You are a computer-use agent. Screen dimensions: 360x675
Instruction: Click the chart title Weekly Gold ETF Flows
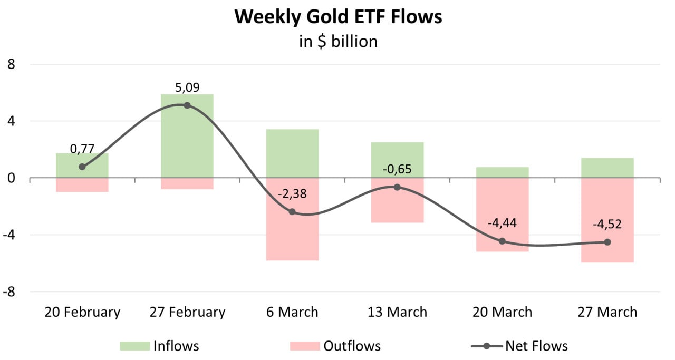pyautogui.click(x=338, y=16)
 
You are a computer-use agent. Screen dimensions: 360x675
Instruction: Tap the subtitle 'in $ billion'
pyautogui.click(x=338, y=41)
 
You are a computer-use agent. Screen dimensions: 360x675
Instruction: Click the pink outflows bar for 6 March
pyautogui.click(x=292, y=237)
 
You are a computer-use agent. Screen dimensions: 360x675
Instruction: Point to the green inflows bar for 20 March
pyautogui.click(x=502, y=172)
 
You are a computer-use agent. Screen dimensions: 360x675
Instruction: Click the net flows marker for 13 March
pyautogui.click(x=397, y=187)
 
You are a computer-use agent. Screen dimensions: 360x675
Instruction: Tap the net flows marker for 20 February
pyautogui.click(x=82, y=167)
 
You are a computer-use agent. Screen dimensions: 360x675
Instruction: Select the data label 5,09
pyautogui.click(x=187, y=87)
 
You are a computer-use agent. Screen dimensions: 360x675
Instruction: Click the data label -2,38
pyautogui.click(x=292, y=193)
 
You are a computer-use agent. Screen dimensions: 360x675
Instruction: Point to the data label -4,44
pyautogui.click(x=502, y=223)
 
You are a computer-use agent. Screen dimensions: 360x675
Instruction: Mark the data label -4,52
pyautogui.click(x=607, y=224)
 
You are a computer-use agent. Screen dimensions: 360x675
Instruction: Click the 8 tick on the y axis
pyautogui.click(x=12, y=64)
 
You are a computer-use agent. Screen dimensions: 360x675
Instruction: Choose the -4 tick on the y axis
pyautogui.click(x=9, y=235)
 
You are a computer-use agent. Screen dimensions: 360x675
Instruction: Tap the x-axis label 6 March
pyautogui.click(x=292, y=312)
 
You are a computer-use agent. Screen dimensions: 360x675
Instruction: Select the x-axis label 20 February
pyautogui.click(x=82, y=312)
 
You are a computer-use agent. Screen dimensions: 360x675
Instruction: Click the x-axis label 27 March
pyautogui.click(x=607, y=312)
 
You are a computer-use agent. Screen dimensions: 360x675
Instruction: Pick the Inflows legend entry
pyautogui.click(x=159, y=346)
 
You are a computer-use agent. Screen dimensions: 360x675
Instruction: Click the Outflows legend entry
pyautogui.click(x=335, y=346)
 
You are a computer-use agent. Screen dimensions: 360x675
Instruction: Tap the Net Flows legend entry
pyautogui.click(x=519, y=346)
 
